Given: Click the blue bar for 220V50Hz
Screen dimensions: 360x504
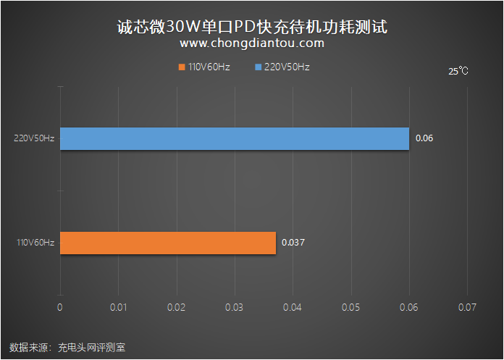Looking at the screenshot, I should click(x=234, y=138).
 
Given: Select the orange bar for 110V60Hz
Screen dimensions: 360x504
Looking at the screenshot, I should click(x=168, y=243).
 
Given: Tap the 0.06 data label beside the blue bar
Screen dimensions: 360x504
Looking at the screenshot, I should click(x=424, y=138).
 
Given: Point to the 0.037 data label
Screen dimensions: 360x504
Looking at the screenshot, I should click(x=293, y=243).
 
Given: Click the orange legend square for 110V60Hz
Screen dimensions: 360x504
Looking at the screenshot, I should click(x=181, y=67).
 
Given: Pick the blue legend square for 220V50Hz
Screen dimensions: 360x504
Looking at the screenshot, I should click(x=257, y=67).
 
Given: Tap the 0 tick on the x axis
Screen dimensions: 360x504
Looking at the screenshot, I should click(x=60, y=308).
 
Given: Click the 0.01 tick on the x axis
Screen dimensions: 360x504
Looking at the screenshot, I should click(x=118, y=308).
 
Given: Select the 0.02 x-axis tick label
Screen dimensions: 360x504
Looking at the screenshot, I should click(x=176, y=308).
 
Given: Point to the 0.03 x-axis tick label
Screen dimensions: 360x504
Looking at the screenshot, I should click(x=235, y=308).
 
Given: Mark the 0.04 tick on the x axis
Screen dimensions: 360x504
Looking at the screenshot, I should click(x=293, y=308).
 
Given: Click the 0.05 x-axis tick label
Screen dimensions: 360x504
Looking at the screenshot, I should click(x=350, y=308).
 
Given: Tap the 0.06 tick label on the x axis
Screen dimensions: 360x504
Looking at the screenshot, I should click(x=409, y=308).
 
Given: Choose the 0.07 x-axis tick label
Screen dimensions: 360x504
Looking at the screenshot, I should click(x=467, y=308).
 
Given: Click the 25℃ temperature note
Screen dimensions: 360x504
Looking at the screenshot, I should click(x=458, y=72).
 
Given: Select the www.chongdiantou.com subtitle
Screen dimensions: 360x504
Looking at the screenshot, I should click(x=252, y=43).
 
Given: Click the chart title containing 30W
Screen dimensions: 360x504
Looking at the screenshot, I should click(x=252, y=25).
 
